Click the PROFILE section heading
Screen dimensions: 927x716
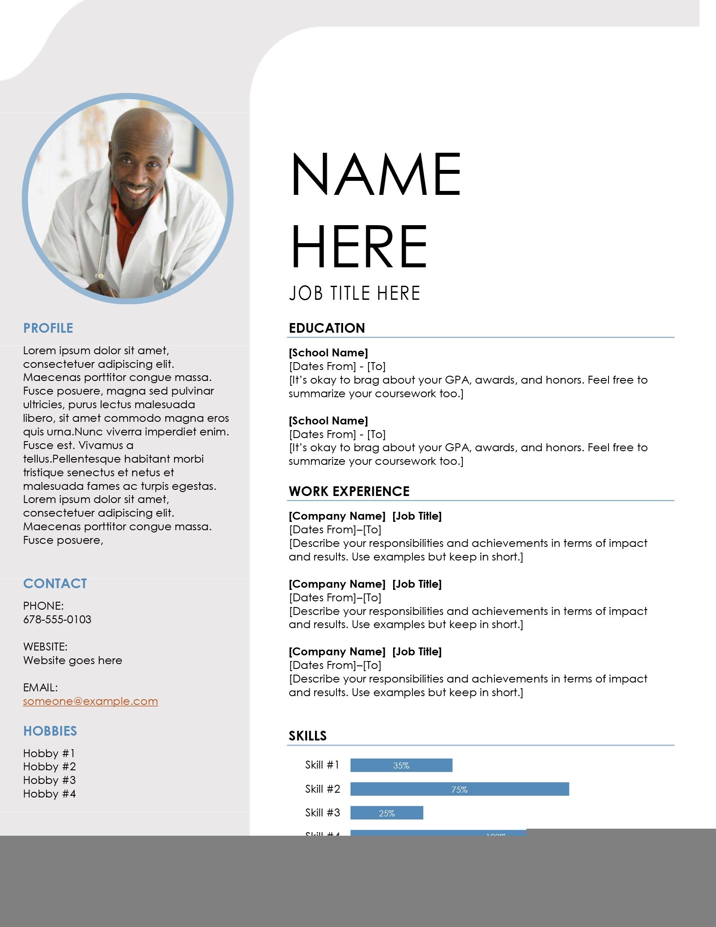(x=48, y=328)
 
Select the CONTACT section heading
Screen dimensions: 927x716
(x=55, y=583)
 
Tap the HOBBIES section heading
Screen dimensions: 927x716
(x=50, y=731)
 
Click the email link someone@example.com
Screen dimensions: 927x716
(x=90, y=701)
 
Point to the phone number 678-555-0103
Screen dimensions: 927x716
(x=57, y=619)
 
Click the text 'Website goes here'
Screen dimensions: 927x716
(x=72, y=660)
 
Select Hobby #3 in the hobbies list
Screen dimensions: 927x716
(x=49, y=780)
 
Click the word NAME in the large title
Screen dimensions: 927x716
(x=376, y=174)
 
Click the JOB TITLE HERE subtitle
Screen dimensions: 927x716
(x=354, y=293)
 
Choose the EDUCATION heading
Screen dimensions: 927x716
(x=327, y=328)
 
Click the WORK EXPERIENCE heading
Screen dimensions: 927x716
(x=349, y=491)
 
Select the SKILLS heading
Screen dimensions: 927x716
(x=308, y=736)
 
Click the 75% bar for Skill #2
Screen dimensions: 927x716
(x=459, y=789)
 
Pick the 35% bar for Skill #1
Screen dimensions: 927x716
(x=401, y=765)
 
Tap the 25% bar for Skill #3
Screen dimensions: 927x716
(x=387, y=813)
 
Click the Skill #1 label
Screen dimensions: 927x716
(x=322, y=765)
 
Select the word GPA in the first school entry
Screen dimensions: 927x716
(x=458, y=380)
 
